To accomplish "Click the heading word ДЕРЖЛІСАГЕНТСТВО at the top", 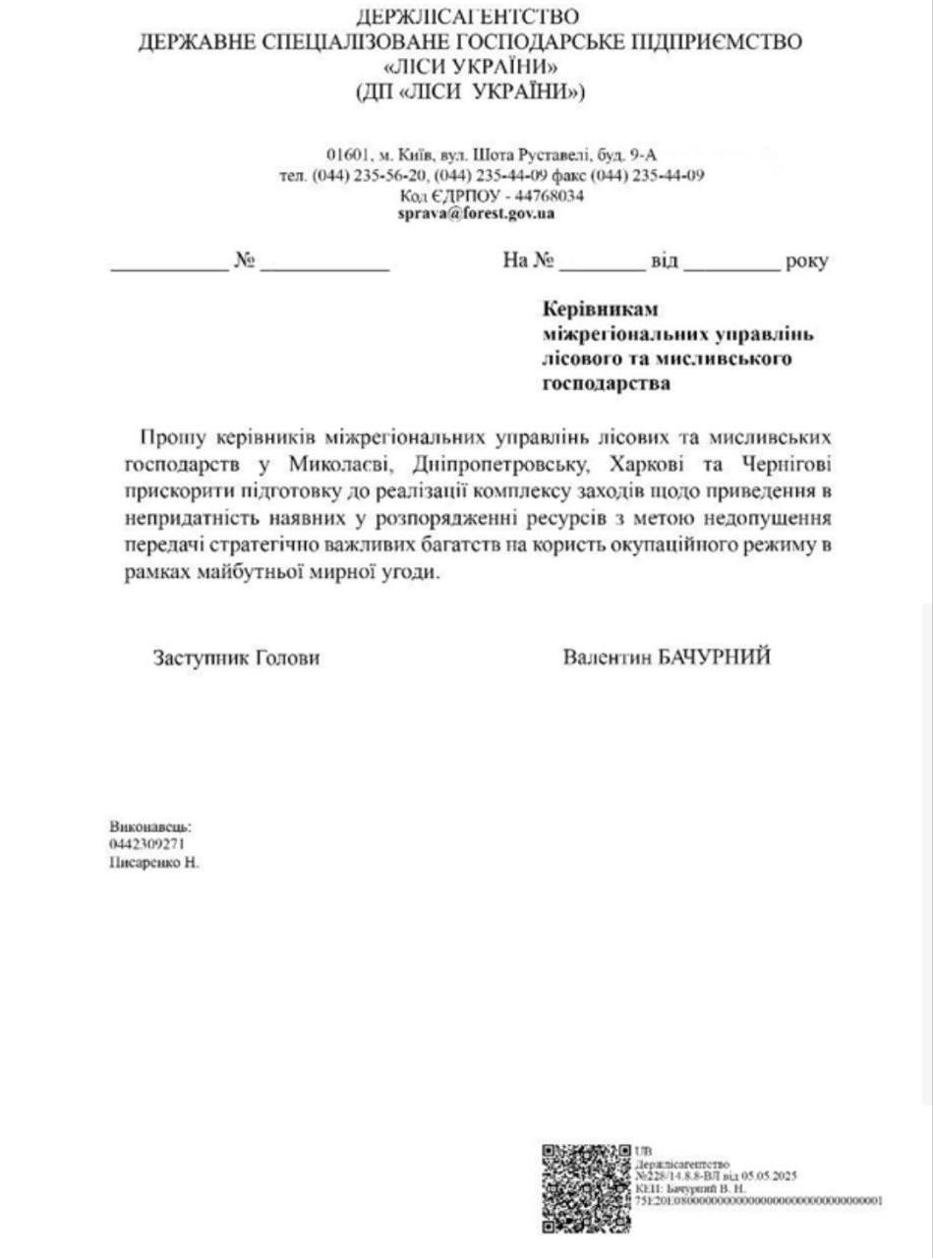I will click(468, 17).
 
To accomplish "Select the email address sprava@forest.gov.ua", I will click(476, 212).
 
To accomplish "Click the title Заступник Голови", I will click(236, 658).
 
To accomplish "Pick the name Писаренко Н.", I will click(154, 862).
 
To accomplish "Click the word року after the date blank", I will click(806, 261).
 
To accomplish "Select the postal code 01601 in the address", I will click(347, 154).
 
